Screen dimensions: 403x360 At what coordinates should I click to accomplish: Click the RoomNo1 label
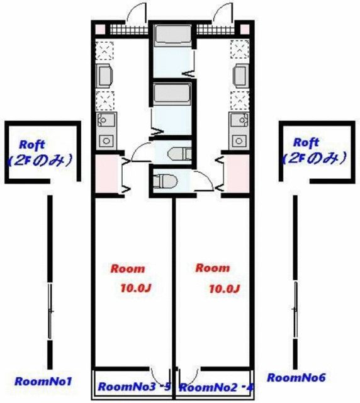click(x=44, y=381)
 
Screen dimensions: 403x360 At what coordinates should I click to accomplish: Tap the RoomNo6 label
click(x=296, y=378)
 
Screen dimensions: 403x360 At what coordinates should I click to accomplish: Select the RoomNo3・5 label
click(x=134, y=386)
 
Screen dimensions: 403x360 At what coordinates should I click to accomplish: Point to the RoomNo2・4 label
click(x=216, y=387)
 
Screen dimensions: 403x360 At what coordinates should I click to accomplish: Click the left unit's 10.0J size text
click(x=137, y=290)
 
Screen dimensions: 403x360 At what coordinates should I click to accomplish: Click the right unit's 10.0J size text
click(x=224, y=290)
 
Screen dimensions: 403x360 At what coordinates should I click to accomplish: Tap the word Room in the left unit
click(x=128, y=268)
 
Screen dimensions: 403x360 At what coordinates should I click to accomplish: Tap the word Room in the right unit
click(x=213, y=268)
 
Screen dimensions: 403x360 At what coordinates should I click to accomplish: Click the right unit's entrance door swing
click(x=223, y=13)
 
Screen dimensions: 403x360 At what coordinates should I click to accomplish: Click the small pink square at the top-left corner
click(x=99, y=29)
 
